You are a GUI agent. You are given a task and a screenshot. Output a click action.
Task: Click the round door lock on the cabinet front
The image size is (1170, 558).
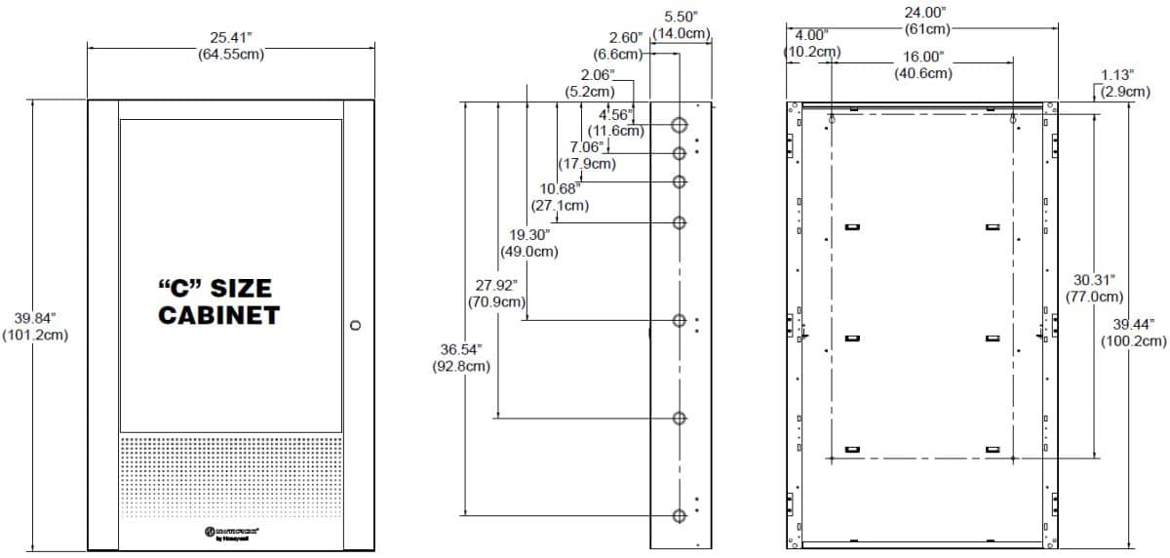[355, 324]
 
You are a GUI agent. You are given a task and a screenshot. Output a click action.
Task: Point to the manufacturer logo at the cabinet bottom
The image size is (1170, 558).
[231, 532]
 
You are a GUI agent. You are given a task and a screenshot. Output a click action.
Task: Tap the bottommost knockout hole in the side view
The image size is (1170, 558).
[680, 515]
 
